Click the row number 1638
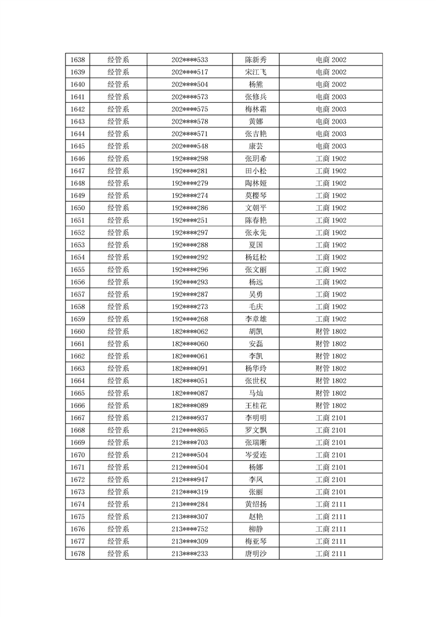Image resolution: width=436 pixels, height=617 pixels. (78, 60)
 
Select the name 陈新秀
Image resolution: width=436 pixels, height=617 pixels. (256, 60)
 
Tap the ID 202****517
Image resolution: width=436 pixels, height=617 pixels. (190, 72)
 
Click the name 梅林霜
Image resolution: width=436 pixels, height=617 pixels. (256, 109)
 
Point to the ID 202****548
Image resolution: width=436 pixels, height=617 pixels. (190, 146)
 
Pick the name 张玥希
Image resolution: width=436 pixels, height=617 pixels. (256, 158)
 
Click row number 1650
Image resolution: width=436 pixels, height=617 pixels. (78, 208)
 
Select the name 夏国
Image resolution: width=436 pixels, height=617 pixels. (256, 245)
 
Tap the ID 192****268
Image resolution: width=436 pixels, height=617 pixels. (190, 319)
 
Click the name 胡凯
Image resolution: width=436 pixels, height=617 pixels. (256, 331)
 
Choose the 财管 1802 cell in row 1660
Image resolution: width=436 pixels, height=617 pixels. (330, 331)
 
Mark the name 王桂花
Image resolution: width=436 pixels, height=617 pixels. (256, 405)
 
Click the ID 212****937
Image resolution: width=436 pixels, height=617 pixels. (190, 418)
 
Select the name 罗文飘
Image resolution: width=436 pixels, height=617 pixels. (256, 430)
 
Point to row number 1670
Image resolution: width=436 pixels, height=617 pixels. (78, 455)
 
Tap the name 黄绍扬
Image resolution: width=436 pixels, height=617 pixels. (256, 504)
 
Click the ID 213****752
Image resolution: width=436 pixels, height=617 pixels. (190, 529)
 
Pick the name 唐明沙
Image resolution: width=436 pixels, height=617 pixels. (256, 554)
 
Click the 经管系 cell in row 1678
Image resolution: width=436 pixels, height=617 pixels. (118, 554)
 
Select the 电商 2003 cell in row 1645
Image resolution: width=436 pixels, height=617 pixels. (330, 146)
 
